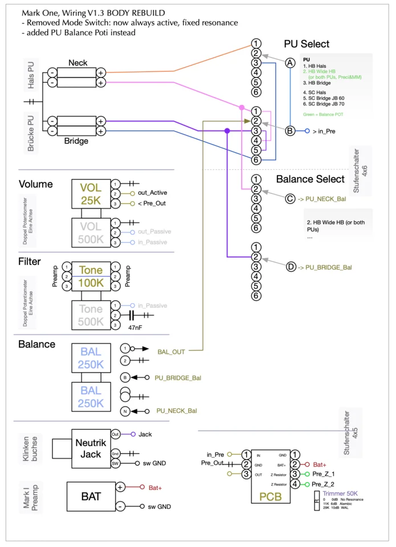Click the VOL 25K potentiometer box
[x=91, y=194]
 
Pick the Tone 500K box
[x=91, y=315]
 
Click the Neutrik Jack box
[x=91, y=448]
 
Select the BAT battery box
[x=91, y=496]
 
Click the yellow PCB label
[x=271, y=496]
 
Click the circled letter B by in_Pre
[x=290, y=131]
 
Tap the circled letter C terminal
[x=290, y=198]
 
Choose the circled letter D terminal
[x=290, y=266]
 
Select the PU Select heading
[x=307, y=44]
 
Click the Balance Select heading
[x=310, y=179]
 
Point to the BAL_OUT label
[x=171, y=352]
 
